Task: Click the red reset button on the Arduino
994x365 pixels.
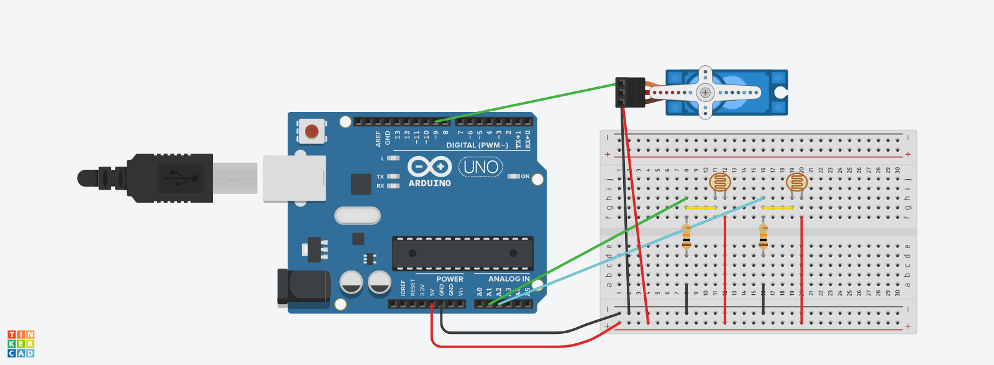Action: click(x=312, y=131)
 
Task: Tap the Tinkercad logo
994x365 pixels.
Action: click(x=21, y=344)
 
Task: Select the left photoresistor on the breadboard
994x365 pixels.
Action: click(x=720, y=182)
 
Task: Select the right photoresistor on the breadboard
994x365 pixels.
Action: click(x=796, y=182)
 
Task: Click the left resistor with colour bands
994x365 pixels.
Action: click(x=686, y=236)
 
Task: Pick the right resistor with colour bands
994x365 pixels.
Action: click(x=763, y=236)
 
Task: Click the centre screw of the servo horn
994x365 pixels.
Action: click(x=705, y=93)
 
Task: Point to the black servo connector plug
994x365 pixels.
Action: click(x=630, y=92)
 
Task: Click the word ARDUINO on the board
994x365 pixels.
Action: click(x=429, y=183)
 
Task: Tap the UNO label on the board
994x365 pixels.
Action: click(x=481, y=167)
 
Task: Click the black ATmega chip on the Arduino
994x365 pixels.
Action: click(x=462, y=253)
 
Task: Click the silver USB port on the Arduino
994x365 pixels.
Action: click(x=294, y=178)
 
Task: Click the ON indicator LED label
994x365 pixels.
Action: click(x=525, y=177)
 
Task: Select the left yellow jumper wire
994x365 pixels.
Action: click(x=701, y=208)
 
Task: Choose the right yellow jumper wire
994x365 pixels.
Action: click(x=777, y=208)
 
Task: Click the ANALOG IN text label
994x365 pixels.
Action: click(x=509, y=279)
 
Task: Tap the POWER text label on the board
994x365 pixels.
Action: click(x=450, y=279)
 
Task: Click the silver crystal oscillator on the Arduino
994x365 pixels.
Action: click(x=357, y=215)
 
